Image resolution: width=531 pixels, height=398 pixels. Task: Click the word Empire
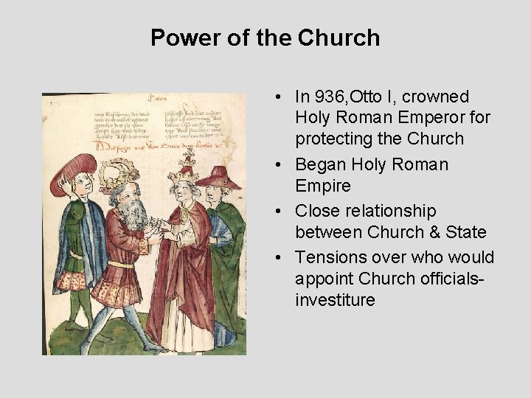[x=319, y=185]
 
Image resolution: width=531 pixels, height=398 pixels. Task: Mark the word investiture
[x=335, y=300]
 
